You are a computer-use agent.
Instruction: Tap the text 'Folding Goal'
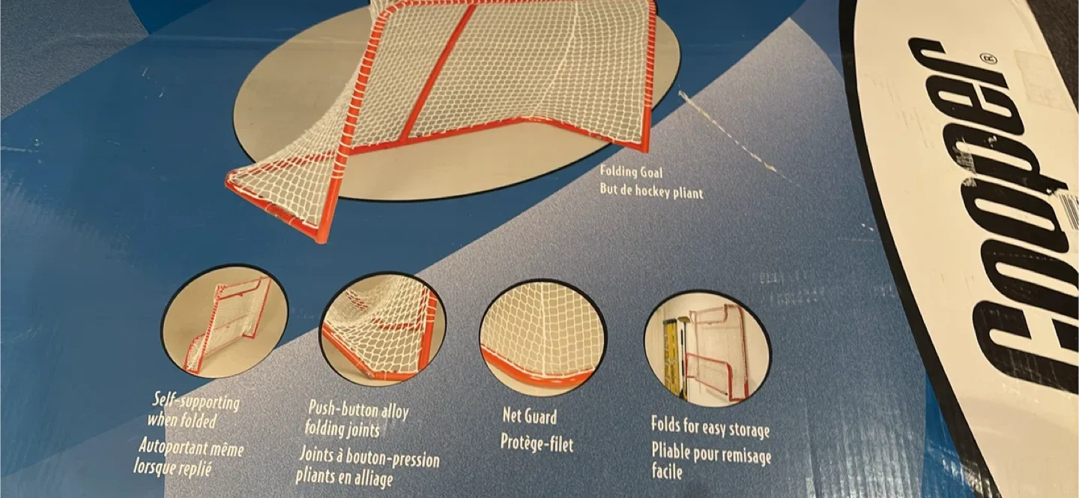click(631, 172)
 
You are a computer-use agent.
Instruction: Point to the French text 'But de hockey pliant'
click(651, 191)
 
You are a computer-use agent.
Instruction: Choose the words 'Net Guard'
click(529, 415)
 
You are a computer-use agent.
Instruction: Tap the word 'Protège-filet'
click(537, 443)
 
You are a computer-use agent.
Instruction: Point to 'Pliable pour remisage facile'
click(710, 462)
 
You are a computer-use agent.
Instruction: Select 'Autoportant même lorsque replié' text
click(191, 457)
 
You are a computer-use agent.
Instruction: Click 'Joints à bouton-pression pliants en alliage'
click(368, 466)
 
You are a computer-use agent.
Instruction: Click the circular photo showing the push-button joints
click(383, 328)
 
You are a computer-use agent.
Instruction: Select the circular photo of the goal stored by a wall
click(707, 348)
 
